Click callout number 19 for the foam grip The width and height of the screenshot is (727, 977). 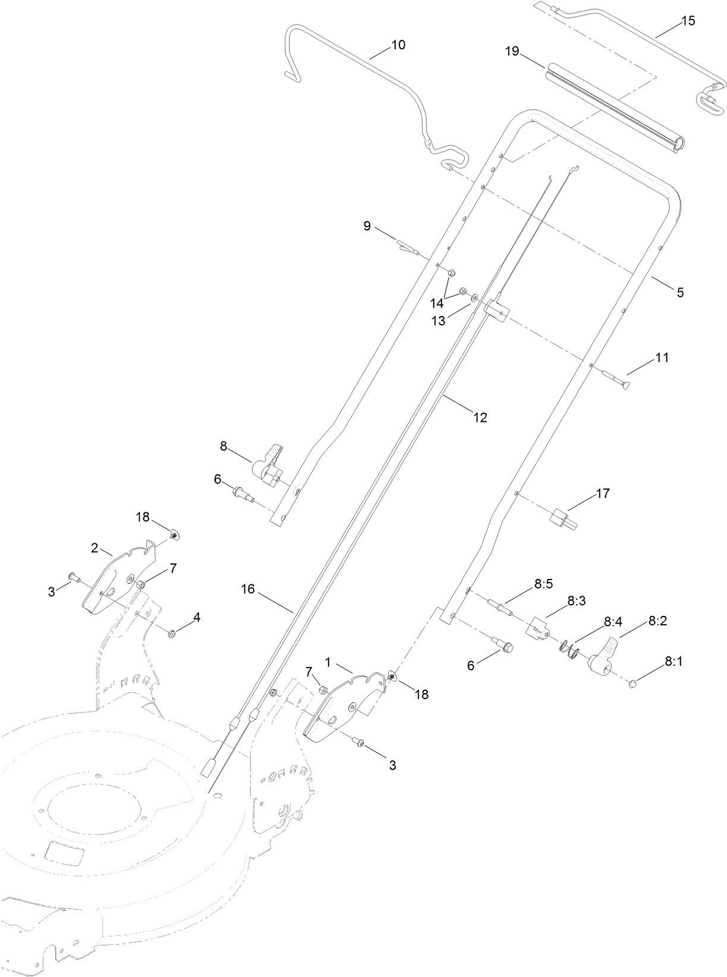coord(512,52)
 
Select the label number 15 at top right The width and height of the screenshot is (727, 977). coord(687,21)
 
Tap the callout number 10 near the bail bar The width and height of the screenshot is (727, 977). coord(398,45)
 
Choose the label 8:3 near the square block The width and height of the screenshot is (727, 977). coord(576,601)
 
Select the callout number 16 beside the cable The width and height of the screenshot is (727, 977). coord(248,589)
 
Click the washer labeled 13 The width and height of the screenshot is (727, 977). coord(474,296)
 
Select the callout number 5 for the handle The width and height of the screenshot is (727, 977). coord(680,292)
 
